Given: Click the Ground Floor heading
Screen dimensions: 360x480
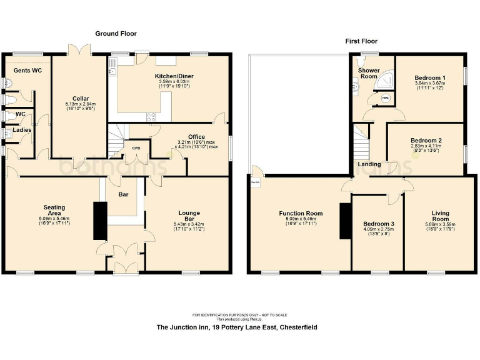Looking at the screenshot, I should coord(116,33).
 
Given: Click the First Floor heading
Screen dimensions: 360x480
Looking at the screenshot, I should coord(361,41).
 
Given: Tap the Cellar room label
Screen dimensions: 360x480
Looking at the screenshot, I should coord(79,98).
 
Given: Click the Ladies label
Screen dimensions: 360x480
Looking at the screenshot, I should coord(22,130).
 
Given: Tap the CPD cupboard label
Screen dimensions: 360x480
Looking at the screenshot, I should coord(136,148).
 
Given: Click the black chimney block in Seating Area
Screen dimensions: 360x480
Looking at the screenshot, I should coord(99,221).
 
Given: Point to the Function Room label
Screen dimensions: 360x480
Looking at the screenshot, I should coord(301,214).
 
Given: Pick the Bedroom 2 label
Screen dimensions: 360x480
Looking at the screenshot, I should coord(426,141).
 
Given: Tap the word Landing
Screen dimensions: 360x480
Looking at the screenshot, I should coord(369,164).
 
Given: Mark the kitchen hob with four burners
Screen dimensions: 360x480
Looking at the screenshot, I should coord(151,116).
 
